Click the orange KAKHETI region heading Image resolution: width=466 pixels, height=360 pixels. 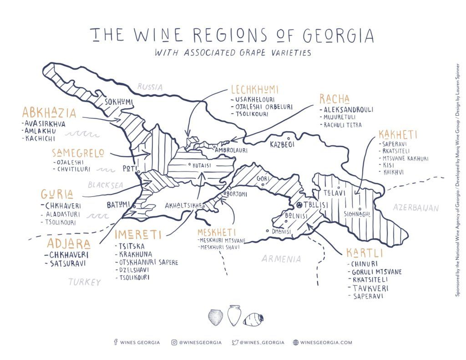pyautogui.click(x=397, y=135)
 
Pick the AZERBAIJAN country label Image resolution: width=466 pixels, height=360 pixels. pyautogui.click(x=416, y=208)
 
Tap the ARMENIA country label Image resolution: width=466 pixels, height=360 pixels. pyautogui.click(x=281, y=259)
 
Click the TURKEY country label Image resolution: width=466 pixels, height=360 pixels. pyautogui.click(x=85, y=282)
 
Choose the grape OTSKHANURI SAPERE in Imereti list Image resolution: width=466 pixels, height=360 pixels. pyautogui.click(x=148, y=262)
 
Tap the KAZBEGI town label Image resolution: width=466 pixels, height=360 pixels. pyautogui.click(x=283, y=144)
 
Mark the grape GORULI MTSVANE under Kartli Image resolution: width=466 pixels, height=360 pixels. pyautogui.click(x=376, y=272)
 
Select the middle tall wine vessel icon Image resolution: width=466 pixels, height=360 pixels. pyautogui.click(x=233, y=315)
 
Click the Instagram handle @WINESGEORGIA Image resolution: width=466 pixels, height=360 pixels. pyautogui.click(x=197, y=342)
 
